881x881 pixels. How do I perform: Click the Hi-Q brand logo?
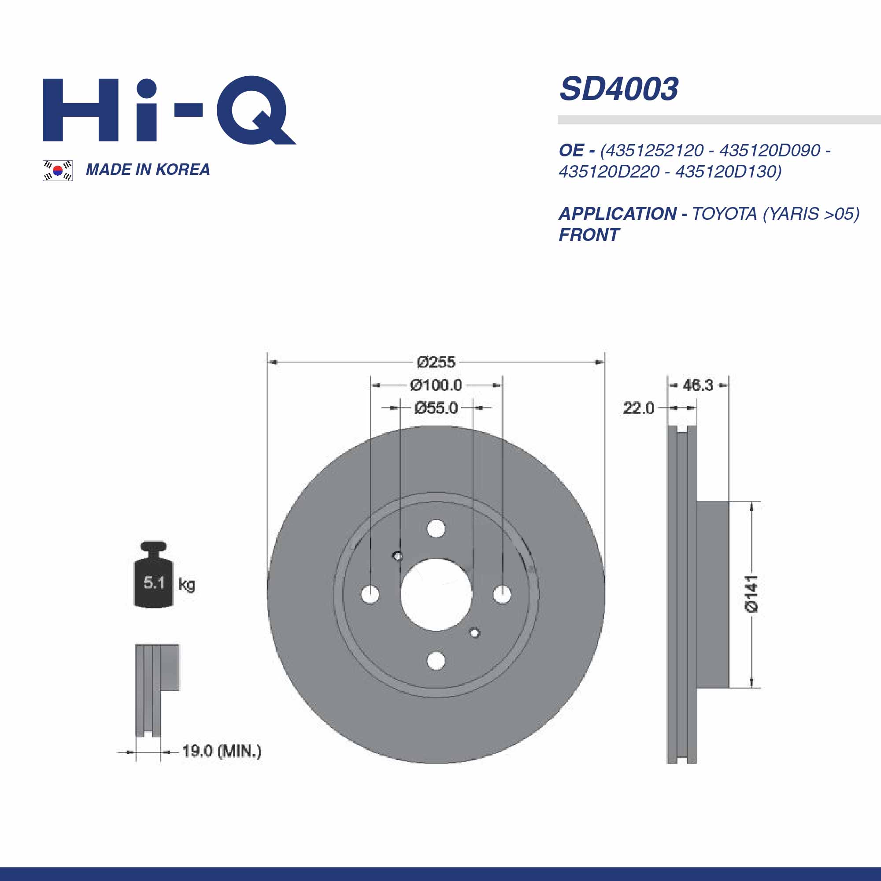click(x=169, y=111)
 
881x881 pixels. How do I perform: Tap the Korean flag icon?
click(x=57, y=170)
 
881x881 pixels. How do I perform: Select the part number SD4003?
click(x=619, y=89)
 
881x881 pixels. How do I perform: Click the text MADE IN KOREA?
click(x=148, y=170)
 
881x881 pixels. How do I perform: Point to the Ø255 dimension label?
click(x=436, y=363)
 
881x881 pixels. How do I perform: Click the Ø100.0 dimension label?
click(x=436, y=385)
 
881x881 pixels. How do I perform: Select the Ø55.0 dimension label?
click(x=436, y=407)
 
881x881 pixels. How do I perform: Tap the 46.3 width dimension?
click(x=698, y=385)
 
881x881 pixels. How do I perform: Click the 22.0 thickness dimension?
click(x=638, y=407)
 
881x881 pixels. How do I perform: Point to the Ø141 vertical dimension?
click(x=751, y=593)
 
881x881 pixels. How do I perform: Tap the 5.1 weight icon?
click(x=154, y=582)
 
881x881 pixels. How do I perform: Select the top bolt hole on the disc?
click(x=436, y=529)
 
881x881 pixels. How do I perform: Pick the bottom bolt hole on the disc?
click(x=436, y=661)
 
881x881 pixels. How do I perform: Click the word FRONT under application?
click(x=589, y=235)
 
